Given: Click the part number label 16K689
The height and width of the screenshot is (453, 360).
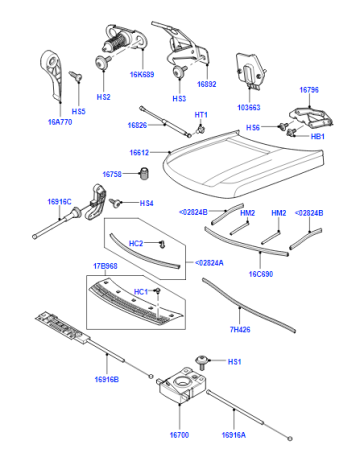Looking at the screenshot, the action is [142, 74].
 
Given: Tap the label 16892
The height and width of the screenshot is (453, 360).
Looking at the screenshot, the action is [207, 84].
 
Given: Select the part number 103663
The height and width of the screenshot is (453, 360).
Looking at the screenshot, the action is [249, 107].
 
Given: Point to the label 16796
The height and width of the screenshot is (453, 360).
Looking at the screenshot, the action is [309, 90].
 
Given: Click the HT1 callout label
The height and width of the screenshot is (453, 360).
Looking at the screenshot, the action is [201, 115].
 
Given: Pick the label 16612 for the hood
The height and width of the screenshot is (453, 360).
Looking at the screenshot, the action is [139, 153].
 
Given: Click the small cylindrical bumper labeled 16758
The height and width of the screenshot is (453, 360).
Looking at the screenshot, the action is [144, 173].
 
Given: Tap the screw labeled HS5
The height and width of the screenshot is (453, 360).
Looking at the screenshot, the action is [76, 76].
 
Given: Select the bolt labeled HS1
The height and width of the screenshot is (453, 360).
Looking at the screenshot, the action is [202, 362].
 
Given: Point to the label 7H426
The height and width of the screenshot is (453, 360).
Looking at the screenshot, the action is [240, 329].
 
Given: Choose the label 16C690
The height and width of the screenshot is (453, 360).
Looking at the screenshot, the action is [261, 274].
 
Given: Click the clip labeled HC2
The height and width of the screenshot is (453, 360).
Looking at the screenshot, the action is [162, 244].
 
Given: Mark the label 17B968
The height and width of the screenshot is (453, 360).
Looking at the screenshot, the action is [105, 266].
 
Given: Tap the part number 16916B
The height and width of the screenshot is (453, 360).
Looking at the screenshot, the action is [107, 379].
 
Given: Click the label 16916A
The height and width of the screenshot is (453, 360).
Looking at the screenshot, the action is [234, 435].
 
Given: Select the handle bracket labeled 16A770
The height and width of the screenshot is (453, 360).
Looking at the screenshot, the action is [52, 75].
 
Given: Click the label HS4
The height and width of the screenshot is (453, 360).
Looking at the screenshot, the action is [146, 203].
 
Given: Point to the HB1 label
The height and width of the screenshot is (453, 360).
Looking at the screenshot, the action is [317, 136].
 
